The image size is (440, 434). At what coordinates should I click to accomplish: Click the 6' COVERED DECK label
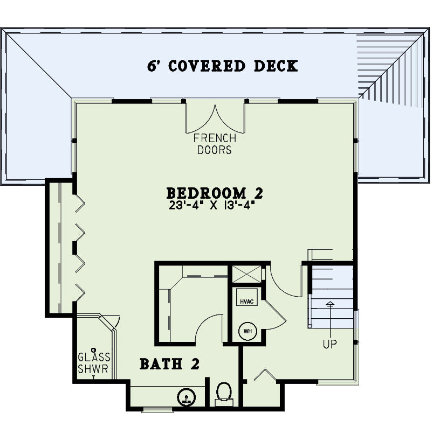[x=222, y=66]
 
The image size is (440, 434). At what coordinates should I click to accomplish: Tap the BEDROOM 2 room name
[x=215, y=193]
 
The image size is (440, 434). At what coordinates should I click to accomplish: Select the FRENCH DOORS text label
[x=215, y=144]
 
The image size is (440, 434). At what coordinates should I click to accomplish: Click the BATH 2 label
[x=169, y=364]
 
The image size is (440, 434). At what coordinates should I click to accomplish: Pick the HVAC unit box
[x=246, y=297]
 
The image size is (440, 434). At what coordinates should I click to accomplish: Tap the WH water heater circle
[x=247, y=331]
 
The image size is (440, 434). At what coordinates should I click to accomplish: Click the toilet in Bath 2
[x=224, y=394]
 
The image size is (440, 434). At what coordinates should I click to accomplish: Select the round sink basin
[x=187, y=397]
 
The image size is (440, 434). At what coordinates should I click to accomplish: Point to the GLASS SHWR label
[x=94, y=363]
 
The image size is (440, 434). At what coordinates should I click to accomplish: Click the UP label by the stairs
[x=329, y=344]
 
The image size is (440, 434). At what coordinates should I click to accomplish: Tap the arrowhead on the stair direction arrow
[x=331, y=304]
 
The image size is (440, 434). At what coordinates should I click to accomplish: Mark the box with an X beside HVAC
[x=246, y=274]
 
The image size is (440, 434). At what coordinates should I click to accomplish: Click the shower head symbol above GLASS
[x=93, y=350]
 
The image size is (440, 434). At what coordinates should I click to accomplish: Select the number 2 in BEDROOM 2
[x=259, y=193]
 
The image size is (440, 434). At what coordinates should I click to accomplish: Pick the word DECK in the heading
[x=276, y=66]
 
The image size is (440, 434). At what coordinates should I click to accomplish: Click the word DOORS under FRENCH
[x=215, y=150]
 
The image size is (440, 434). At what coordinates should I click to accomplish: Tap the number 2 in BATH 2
[x=195, y=364]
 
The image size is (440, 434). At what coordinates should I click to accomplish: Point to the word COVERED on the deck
[x=207, y=66]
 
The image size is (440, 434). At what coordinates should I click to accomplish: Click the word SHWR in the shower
[x=93, y=369]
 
